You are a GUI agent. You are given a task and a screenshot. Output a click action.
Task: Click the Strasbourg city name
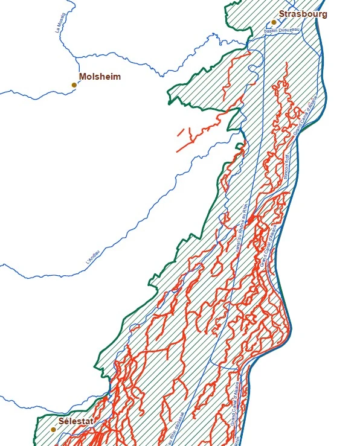(303, 13)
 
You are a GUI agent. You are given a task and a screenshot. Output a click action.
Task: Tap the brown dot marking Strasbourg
(274, 22)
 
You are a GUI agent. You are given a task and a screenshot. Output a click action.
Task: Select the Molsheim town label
(100, 77)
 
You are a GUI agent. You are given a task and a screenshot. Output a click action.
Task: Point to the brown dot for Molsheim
(74, 85)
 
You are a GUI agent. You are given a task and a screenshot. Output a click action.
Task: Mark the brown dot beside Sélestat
(53, 430)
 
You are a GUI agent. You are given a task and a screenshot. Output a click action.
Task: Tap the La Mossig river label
(61, 28)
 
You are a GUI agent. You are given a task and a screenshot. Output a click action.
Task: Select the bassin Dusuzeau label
(281, 30)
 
